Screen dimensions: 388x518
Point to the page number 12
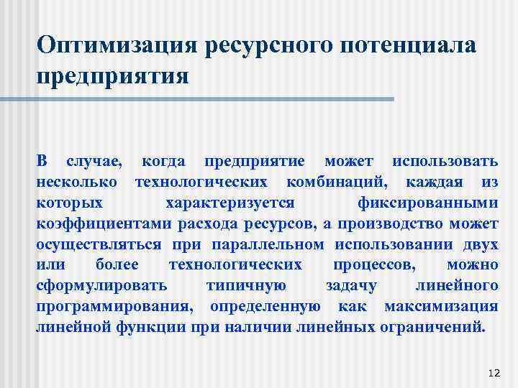tap(493, 372)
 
